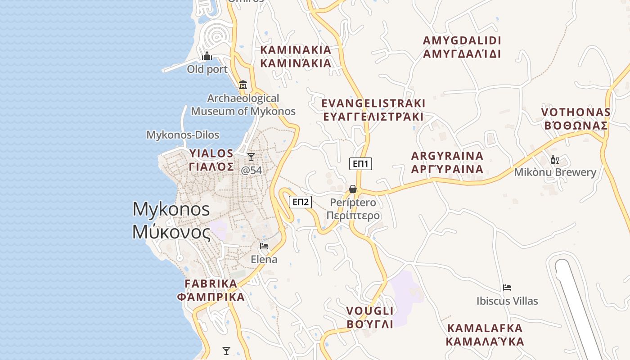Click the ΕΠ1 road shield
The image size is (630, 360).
pyautogui.click(x=360, y=164)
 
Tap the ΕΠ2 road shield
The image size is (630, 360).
pyautogui.click(x=301, y=202)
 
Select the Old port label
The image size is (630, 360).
pyautogui.click(x=207, y=69)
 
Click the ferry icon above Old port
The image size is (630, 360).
pyautogui.click(x=207, y=56)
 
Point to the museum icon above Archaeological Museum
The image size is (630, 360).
pyautogui.click(x=243, y=85)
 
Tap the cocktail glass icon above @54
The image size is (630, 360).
pyautogui.click(x=251, y=157)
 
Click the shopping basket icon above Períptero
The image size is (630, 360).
pyautogui.click(x=353, y=189)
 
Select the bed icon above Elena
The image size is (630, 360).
pyautogui.click(x=264, y=246)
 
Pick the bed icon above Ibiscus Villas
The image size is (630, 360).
pyautogui.click(x=507, y=287)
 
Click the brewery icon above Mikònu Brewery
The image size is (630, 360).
pyautogui.click(x=555, y=159)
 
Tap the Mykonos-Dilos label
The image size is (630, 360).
pyautogui.click(x=183, y=135)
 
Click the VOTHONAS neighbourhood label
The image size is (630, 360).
pyautogui.click(x=576, y=119)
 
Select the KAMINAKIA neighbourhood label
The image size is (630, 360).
pyautogui.click(x=296, y=56)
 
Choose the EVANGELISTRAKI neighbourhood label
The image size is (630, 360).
pyautogui.click(x=373, y=110)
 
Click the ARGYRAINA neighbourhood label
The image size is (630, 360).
pyautogui.click(x=447, y=162)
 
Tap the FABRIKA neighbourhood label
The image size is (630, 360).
pyautogui.click(x=211, y=290)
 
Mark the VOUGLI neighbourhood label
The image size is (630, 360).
pyautogui.click(x=370, y=317)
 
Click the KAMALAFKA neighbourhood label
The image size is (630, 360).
pyautogui.click(x=485, y=334)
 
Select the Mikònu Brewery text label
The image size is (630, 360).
pyautogui.click(x=555, y=172)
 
